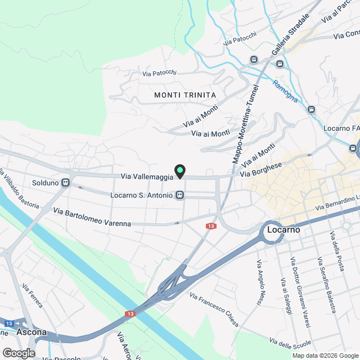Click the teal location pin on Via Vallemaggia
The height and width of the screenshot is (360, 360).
(x=179, y=171)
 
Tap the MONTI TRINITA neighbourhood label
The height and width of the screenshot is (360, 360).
(x=184, y=95)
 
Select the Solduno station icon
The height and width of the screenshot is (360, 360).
(x=66, y=182)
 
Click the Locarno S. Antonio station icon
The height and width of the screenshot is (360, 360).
(x=179, y=195)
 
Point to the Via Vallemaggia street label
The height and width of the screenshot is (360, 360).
(x=147, y=177)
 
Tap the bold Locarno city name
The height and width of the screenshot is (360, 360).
(x=283, y=230)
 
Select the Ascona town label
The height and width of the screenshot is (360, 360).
(x=31, y=332)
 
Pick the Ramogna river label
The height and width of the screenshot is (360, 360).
(x=285, y=91)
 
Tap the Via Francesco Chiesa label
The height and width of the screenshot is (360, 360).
(x=214, y=310)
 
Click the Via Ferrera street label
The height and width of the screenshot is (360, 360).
(x=32, y=296)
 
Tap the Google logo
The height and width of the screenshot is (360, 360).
(x=18, y=353)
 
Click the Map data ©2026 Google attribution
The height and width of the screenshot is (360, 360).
(x=325, y=355)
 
